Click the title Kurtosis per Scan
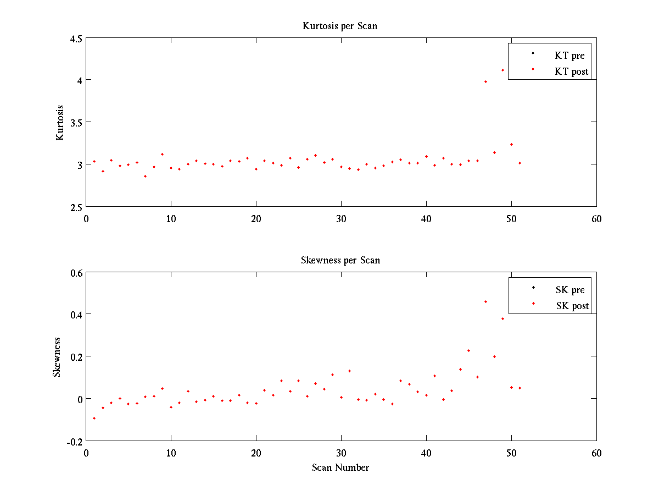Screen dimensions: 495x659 pos(340,26)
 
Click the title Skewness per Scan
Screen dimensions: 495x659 pos(340,260)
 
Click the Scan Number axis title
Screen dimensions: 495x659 pos(340,468)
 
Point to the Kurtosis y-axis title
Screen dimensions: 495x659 pos(60,123)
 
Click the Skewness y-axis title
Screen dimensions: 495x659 pos(57,357)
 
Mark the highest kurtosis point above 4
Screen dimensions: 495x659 pos(502,70)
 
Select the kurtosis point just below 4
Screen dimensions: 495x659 pos(485,81)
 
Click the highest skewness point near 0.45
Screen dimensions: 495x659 pos(485,301)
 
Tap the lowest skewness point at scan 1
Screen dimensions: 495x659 pos(94,418)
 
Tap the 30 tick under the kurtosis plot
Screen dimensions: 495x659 pos(341,218)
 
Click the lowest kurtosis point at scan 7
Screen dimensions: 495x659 pos(145,176)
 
